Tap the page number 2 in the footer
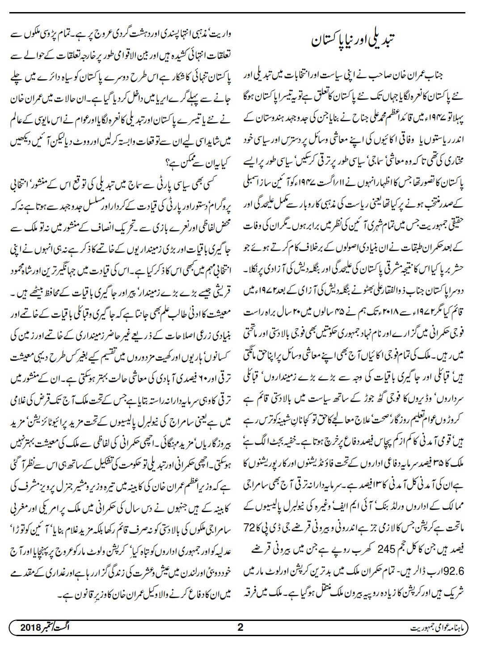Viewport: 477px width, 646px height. tap(240, 627)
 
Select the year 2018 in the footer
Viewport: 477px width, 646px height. tap(30, 627)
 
